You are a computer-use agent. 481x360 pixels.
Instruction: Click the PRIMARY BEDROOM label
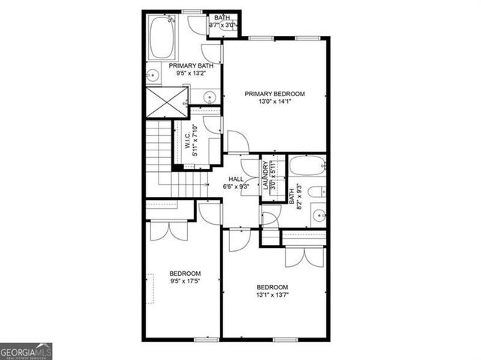coord(274,93)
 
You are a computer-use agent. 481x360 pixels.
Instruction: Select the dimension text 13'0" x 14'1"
coord(274,103)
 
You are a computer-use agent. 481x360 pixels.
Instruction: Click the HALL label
coord(235,179)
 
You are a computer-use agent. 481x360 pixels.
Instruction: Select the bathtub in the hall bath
coord(307,166)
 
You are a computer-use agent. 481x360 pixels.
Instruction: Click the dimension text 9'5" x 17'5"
coord(184,281)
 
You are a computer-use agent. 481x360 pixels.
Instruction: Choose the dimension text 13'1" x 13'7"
coord(271,295)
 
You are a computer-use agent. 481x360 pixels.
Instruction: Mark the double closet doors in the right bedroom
coord(304,255)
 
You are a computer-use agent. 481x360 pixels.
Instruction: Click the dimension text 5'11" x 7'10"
coord(195,141)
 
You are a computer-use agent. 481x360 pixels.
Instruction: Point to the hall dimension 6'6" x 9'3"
coord(235,187)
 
